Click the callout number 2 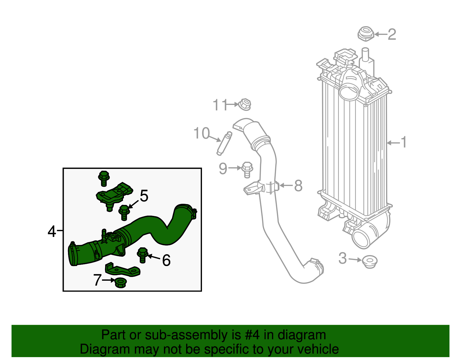click(392, 35)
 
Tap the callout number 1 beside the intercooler click(404, 142)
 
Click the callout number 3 click(343, 258)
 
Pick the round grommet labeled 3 click(370, 262)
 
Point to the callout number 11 click(220, 105)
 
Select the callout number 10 click(201, 133)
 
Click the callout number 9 click(223, 169)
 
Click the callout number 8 click(298, 186)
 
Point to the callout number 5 click(144, 196)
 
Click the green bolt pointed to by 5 click(124, 213)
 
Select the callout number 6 click(166, 260)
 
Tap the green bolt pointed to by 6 click(143, 255)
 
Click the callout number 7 click(97, 280)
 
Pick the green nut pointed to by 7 click(120, 282)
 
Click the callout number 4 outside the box click(52, 231)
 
